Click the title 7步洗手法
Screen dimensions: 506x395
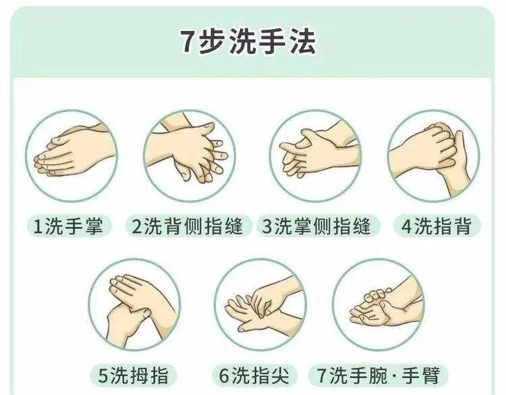pyautogui.click(x=248, y=43)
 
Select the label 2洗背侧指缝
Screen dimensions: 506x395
pyautogui.click(x=188, y=226)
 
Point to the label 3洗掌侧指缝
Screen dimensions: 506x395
pyautogui.click(x=316, y=226)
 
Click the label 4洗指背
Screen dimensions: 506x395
pyautogui.click(x=437, y=226)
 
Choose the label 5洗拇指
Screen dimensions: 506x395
pyautogui.click(x=134, y=375)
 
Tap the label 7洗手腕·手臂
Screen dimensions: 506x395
pyautogui.click(x=378, y=375)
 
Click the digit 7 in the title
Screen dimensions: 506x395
pyautogui.click(x=187, y=43)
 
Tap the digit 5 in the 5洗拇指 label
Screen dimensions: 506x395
pyautogui.click(x=103, y=375)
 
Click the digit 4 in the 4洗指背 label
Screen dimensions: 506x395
pyautogui.click(x=407, y=226)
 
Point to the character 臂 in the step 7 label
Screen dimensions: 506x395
pyautogui.click(x=430, y=375)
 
